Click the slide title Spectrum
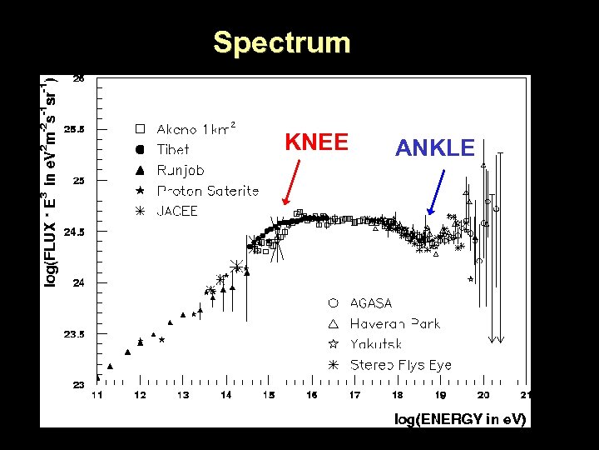(281, 42)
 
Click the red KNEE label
(316, 142)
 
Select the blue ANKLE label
(434, 148)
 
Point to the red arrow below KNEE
(292, 182)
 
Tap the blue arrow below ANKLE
(435, 192)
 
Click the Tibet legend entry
(172, 150)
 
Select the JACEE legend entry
(177, 211)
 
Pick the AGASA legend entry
(370, 303)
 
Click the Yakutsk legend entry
(375, 344)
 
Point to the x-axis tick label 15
(268, 395)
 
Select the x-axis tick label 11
(97, 395)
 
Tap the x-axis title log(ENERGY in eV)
(459, 419)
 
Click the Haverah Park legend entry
(394, 323)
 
